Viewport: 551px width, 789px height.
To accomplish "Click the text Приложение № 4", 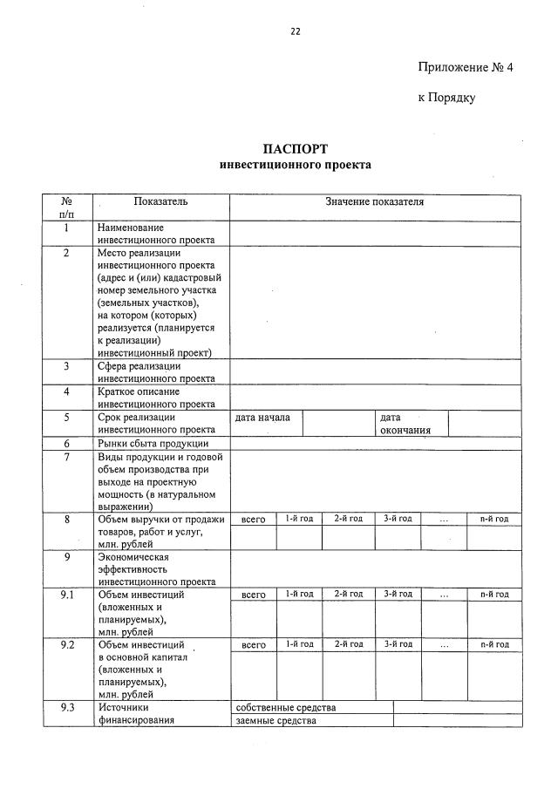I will click(466, 67).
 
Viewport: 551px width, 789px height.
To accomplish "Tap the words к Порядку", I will click(446, 98).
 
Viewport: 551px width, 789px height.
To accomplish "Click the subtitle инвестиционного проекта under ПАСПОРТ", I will click(295, 164).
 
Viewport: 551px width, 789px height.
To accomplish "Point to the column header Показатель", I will click(160, 201).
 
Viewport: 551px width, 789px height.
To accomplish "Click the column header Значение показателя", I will click(375, 201).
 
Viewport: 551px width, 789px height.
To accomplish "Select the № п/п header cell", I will click(66, 207).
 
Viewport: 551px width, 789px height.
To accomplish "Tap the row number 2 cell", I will click(66, 253).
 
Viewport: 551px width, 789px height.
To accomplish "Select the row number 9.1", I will click(66, 595).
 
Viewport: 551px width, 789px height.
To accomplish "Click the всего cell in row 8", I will click(253, 520).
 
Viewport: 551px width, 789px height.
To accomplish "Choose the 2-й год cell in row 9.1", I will click(348, 595).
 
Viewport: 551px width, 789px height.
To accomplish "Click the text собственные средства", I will click(285, 707).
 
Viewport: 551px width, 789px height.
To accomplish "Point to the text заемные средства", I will click(275, 720).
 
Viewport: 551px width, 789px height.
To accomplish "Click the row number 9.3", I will click(66, 707).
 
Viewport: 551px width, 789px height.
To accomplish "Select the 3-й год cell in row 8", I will click(398, 520).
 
